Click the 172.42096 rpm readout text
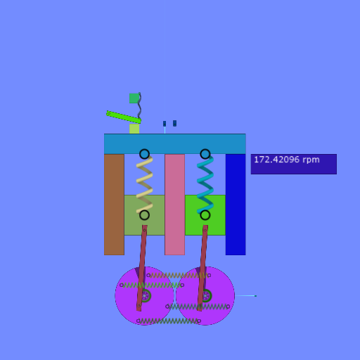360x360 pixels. [x=287, y=160]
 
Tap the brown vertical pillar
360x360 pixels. [x=114, y=205]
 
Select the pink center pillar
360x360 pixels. [x=174, y=205]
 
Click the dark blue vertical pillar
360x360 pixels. [x=236, y=205]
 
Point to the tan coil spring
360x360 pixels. [x=144, y=185]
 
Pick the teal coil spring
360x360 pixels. [x=205, y=185]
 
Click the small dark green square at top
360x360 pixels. [x=134, y=98]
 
